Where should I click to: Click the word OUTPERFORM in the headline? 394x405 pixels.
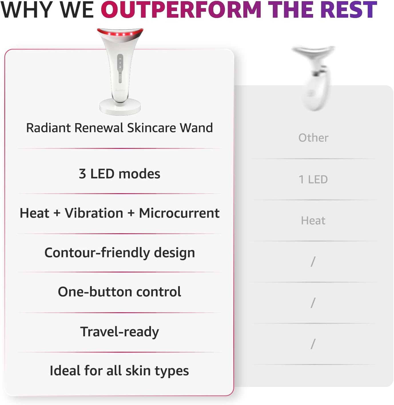(x=181, y=10)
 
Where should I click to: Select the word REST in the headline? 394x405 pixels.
(x=351, y=10)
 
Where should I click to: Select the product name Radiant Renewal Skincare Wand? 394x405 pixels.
(x=120, y=128)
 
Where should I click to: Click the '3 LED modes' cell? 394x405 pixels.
(x=120, y=174)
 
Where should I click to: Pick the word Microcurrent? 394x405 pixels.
(x=179, y=213)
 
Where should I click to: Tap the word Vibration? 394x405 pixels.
(x=94, y=213)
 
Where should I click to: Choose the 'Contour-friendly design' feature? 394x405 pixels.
(x=120, y=253)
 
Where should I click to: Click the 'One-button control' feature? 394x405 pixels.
(x=120, y=292)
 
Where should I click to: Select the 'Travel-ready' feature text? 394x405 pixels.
(x=120, y=332)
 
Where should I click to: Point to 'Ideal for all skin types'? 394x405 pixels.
(x=120, y=371)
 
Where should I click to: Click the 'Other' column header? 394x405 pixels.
(x=313, y=138)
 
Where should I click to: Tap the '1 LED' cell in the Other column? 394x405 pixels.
(x=313, y=179)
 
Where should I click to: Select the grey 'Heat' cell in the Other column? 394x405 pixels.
(x=313, y=221)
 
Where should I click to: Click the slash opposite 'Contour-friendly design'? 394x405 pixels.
(x=313, y=262)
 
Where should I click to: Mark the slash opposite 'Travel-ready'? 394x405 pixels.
(x=313, y=344)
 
